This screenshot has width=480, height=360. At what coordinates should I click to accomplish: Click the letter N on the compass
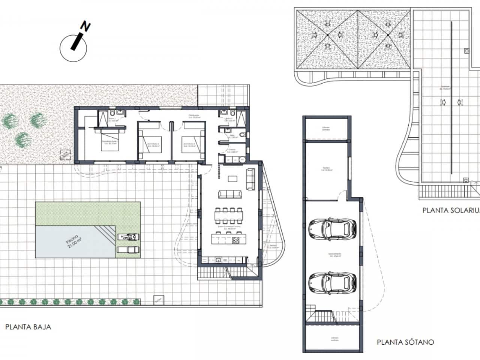click(x=86, y=27)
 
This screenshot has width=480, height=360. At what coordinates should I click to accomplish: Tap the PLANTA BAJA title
click(x=28, y=327)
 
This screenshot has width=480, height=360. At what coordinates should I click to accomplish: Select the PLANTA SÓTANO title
click(x=405, y=342)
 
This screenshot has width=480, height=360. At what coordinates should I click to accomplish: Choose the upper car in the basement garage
click(x=332, y=228)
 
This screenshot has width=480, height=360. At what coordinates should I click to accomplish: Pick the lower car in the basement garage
click(x=332, y=282)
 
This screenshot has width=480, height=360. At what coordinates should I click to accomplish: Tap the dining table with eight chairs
click(x=229, y=216)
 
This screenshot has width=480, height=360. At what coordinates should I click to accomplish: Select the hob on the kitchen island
click(x=236, y=240)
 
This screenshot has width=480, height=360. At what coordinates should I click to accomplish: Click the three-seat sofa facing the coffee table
click(x=230, y=194)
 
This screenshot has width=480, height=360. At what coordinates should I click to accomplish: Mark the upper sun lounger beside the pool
click(x=128, y=237)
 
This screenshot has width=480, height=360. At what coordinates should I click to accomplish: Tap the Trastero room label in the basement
click(x=326, y=168)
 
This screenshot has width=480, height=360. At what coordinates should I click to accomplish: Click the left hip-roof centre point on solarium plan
click(x=327, y=35)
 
